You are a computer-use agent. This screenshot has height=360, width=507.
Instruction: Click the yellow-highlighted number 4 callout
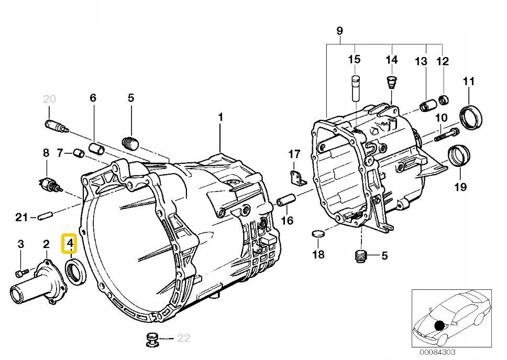[70, 243]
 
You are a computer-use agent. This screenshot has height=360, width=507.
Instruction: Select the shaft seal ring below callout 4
[76, 272]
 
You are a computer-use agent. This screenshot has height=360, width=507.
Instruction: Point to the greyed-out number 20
[49, 99]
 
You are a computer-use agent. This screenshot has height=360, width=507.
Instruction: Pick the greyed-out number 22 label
[184, 338]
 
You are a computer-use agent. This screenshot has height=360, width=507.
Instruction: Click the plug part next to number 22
[152, 339]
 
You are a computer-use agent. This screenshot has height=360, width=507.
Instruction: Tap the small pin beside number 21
[45, 216]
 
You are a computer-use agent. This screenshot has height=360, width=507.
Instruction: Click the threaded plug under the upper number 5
[130, 143]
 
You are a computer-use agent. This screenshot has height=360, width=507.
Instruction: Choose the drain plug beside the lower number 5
[361, 256]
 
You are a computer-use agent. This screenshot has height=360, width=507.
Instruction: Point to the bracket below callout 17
[297, 178]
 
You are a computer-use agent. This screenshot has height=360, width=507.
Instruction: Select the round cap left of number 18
[318, 234]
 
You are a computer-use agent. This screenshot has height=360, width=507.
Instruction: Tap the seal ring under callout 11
[471, 117]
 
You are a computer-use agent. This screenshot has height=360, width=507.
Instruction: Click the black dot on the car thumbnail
[439, 325]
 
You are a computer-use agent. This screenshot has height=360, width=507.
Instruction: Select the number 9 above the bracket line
[339, 31]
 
